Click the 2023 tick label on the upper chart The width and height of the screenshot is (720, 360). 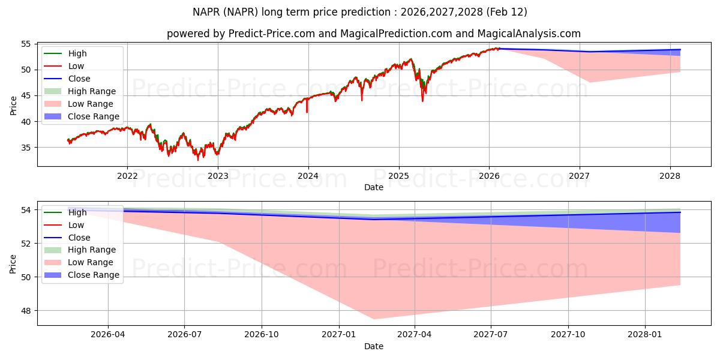point(218,176)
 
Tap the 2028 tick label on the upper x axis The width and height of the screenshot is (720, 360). point(670,176)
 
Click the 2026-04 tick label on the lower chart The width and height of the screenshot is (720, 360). point(108,335)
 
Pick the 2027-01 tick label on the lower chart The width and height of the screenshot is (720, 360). point(340,335)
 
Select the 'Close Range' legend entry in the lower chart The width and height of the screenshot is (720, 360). point(94,275)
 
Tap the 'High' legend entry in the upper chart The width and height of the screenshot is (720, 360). point(77,53)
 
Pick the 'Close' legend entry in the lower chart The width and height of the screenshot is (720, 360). point(79,238)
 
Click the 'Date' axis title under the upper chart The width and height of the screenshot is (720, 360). point(374,187)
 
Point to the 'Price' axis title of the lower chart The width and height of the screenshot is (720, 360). point(13,263)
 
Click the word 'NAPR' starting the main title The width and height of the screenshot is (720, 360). point(206,12)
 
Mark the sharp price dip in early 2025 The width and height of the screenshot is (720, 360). point(422,100)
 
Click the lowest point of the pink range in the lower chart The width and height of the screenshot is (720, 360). point(374,319)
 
